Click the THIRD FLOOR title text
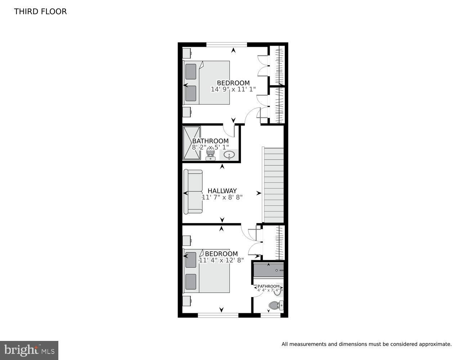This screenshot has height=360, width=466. coord(40,12)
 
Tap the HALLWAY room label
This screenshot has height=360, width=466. coord(222,191)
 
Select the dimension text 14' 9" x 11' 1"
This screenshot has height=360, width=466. coord(233,89)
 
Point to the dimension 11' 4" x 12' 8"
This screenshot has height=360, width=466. coord(221,260)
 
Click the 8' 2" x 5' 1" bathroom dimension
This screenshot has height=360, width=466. coord(210,148)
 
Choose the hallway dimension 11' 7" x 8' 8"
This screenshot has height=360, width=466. coord(222,197)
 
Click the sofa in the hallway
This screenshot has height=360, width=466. coord(193,192)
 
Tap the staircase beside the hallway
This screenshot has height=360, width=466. coord(273,185)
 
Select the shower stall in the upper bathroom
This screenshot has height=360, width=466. coord(192,143)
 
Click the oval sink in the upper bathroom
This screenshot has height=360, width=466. coord(229,155)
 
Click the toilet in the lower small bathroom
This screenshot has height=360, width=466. coord(276,305)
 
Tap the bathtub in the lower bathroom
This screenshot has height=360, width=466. coord(269,270)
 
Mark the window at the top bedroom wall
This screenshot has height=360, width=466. coord(227,45)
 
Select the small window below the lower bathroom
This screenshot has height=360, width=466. coord(270,315)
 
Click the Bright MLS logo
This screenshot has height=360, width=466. coord(29,350)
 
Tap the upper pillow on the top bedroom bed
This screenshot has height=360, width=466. coord(191,72)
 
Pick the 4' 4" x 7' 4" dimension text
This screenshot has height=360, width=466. coord(269,290)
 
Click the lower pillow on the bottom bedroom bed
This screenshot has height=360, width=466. coord(191,282)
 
